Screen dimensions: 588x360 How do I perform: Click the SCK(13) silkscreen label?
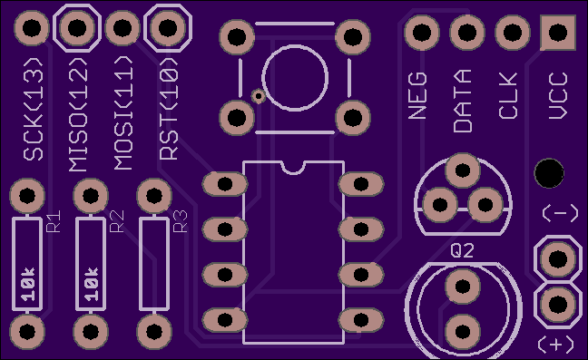(x=34, y=109)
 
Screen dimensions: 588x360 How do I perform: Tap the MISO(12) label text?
(x=79, y=114)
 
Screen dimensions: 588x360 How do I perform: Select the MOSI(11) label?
(x=123, y=113)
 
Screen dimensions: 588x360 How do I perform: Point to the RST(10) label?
(x=169, y=109)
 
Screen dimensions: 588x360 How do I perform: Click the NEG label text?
(x=417, y=96)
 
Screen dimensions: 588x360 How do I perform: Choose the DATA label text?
(x=463, y=101)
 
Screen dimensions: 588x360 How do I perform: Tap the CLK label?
(x=508, y=96)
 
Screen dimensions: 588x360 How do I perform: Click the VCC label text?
(x=558, y=96)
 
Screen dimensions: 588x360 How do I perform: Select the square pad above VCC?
(x=558, y=33)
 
